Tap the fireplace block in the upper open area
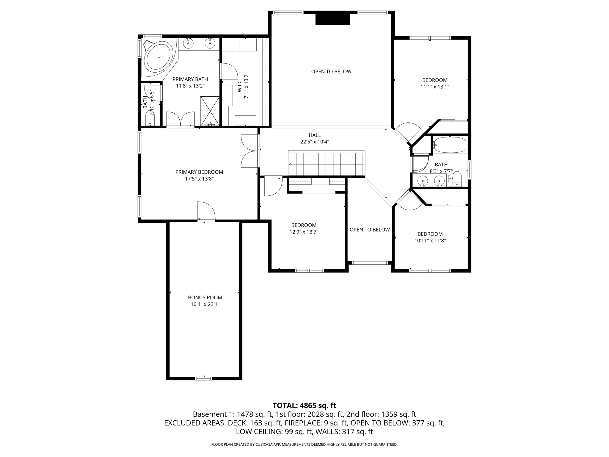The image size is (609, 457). [332, 19]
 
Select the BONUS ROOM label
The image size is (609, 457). [205, 297]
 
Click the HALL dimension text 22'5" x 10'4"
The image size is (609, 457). [315, 142]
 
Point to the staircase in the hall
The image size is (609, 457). [326, 164]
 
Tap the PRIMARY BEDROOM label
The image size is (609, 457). [199, 172]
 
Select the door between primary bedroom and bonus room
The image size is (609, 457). [206, 212]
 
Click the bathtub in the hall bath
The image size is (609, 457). [450, 145]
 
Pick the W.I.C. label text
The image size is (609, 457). [240, 86]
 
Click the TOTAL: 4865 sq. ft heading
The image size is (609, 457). [304, 405]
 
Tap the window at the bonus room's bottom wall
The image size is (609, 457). [204, 378]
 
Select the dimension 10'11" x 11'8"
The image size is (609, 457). [430, 241]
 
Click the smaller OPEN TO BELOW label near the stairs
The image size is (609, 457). [369, 229]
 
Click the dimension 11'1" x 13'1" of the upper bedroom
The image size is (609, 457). [434, 87]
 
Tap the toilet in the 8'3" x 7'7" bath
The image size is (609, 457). [456, 179]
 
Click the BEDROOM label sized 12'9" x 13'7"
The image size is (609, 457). [304, 225]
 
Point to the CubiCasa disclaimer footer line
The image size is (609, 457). [304, 445]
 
